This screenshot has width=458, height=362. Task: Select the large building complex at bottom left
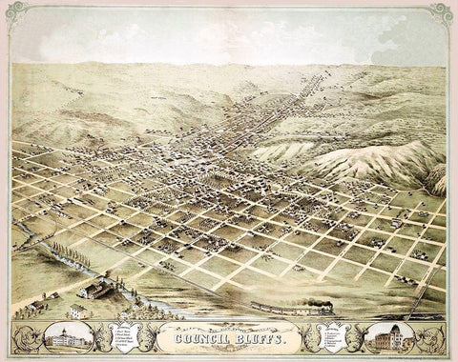pos(100,286)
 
